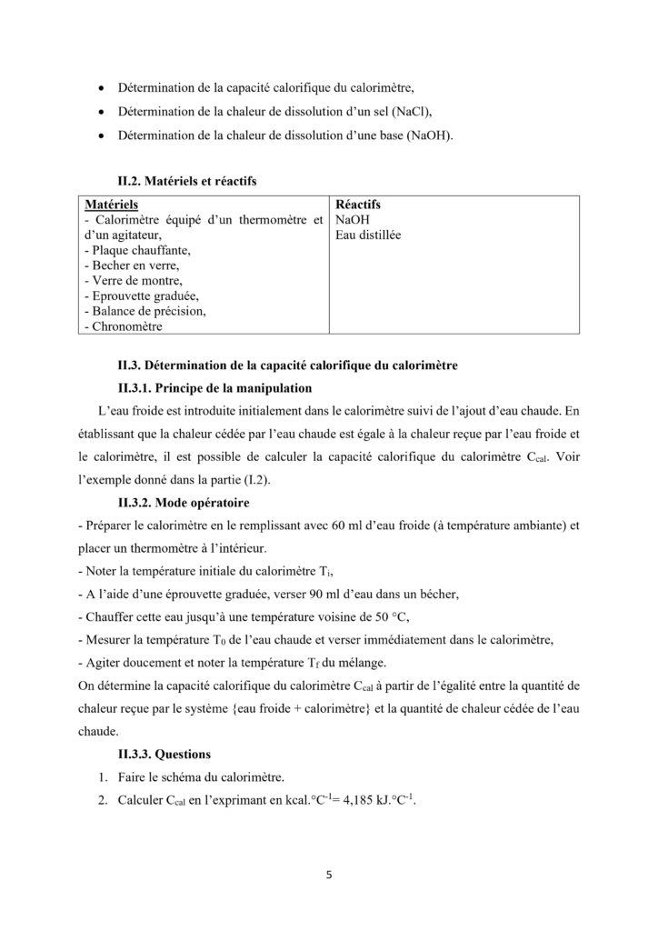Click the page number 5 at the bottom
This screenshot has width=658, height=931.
[329, 876]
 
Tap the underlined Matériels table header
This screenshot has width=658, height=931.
[113, 205]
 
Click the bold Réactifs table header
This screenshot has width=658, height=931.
[357, 205]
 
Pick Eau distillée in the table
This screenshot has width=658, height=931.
[369, 235]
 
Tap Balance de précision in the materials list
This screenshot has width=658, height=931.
[144, 311]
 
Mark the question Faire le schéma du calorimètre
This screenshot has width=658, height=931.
[199, 777]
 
